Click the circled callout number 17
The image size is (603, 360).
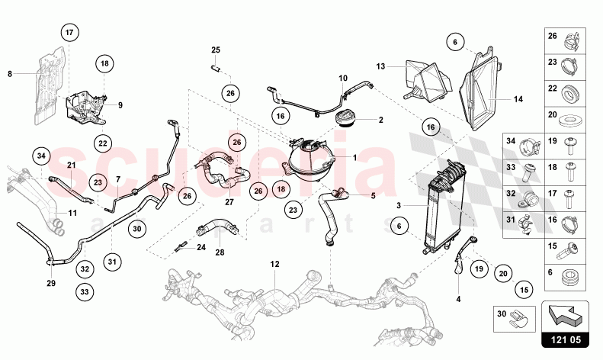tap(69, 32)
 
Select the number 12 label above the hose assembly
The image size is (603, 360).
tap(274, 264)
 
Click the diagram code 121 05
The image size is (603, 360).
tap(565, 340)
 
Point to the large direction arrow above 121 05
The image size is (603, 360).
tap(564, 314)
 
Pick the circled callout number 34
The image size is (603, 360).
tap(41, 156)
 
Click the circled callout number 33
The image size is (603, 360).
tap(85, 292)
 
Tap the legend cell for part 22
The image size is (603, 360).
tap(565, 94)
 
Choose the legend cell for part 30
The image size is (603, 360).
tap(514, 319)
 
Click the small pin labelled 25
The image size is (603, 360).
tap(216, 68)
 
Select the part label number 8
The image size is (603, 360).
tap(10, 73)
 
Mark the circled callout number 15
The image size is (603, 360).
tap(524, 290)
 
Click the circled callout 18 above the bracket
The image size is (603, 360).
tap(104, 63)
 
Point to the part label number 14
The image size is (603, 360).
tap(518, 99)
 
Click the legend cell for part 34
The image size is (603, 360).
tap(524, 146)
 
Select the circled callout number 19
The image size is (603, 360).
tap(479, 268)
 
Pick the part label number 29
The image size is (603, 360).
tap(51, 284)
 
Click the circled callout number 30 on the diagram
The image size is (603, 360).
tap(137, 229)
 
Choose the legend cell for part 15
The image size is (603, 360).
tap(565, 251)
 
